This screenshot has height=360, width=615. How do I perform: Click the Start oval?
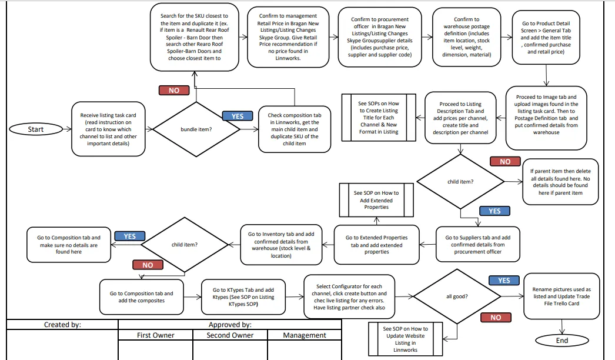tap(36, 129)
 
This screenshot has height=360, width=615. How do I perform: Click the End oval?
tap(561, 341)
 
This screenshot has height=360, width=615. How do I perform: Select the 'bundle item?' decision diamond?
tap(196, 129)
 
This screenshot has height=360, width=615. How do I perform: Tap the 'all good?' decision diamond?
tap(457, 296)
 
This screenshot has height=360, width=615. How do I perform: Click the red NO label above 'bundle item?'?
tap(174, 91)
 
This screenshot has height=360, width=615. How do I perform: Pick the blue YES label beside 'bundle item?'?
tap(238, 116)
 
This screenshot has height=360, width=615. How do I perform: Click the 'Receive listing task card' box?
tap(108, 129)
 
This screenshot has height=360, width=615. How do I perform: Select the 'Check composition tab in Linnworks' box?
tap(295, 129)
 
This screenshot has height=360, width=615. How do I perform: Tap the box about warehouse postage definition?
tap(467, 37)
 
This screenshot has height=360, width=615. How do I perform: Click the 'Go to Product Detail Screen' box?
tap(546, 37)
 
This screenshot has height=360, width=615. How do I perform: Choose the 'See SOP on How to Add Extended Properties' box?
tap(376, 200)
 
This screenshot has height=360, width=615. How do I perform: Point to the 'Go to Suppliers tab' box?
tap(478, 244)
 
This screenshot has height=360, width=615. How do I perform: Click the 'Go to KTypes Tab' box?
tap(243, 297)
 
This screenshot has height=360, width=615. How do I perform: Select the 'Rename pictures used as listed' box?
tap(561, 296)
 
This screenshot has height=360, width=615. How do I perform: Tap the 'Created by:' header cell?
tap(62, 324)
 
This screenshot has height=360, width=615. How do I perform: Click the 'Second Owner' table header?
tap(230, 335)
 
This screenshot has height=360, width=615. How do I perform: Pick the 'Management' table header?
tap(305, 335)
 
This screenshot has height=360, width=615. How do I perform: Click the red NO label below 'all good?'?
tap(496, 317)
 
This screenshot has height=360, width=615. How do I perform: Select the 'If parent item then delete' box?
tap(560, 182)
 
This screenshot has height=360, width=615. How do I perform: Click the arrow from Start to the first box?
tap(67, 129)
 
